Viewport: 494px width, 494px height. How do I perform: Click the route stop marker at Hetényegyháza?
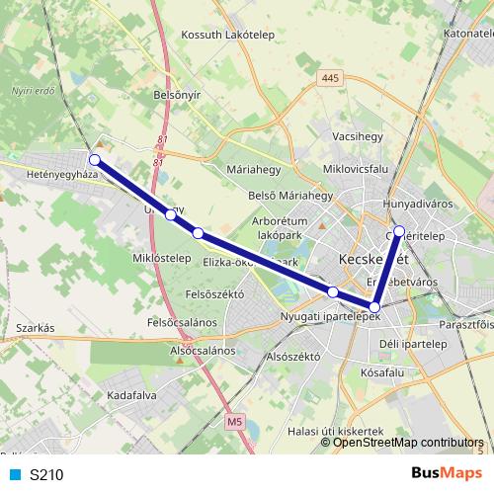point(95,159)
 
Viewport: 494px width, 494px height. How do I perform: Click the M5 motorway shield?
point(233,422)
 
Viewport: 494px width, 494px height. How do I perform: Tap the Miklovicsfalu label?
point(351,169)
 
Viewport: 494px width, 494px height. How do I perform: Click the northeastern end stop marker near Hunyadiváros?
point(399,232)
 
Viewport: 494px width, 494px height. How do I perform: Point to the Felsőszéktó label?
point(214,293)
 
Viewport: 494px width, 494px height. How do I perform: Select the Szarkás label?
point(33,327)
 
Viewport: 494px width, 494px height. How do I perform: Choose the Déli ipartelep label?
point(413,343)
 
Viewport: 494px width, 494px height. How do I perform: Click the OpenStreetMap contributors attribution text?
point(408,443)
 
